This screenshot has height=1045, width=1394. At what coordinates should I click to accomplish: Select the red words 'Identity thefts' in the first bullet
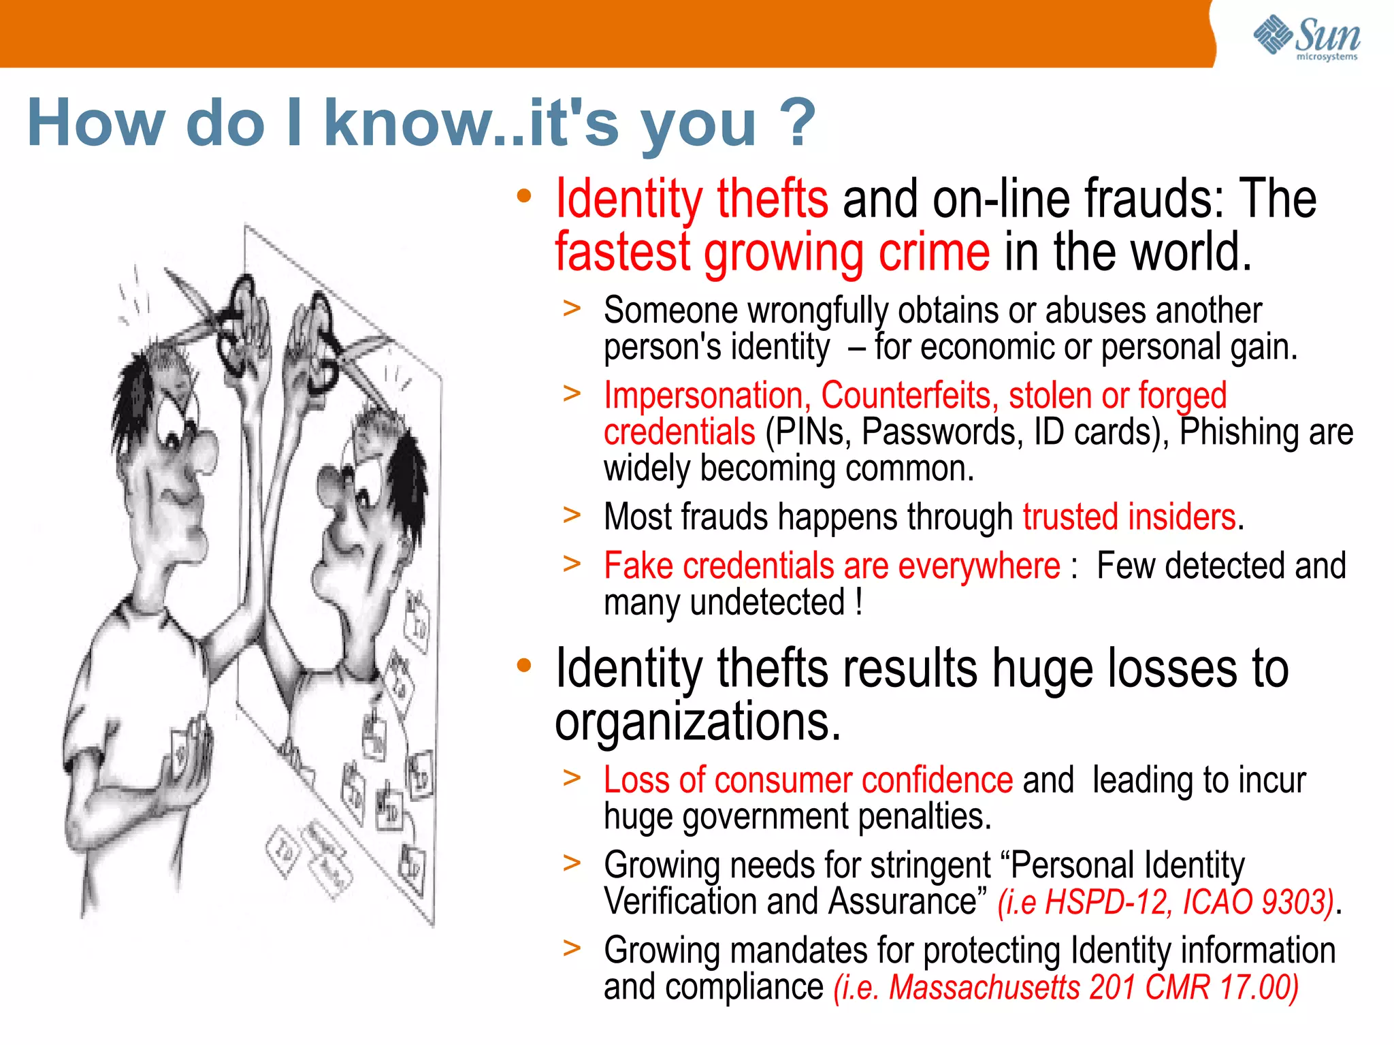[x=692, y=198]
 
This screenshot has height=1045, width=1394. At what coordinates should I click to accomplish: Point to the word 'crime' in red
[x=934, y=252]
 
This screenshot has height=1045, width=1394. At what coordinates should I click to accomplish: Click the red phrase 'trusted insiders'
[x=1129, y=517]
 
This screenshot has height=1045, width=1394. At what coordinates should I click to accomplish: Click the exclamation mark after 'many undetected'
[x=859, y=602]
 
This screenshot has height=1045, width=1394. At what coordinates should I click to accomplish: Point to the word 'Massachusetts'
[x=984, y=987]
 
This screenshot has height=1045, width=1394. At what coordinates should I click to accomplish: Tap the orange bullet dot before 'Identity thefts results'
[x=523, y=665]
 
